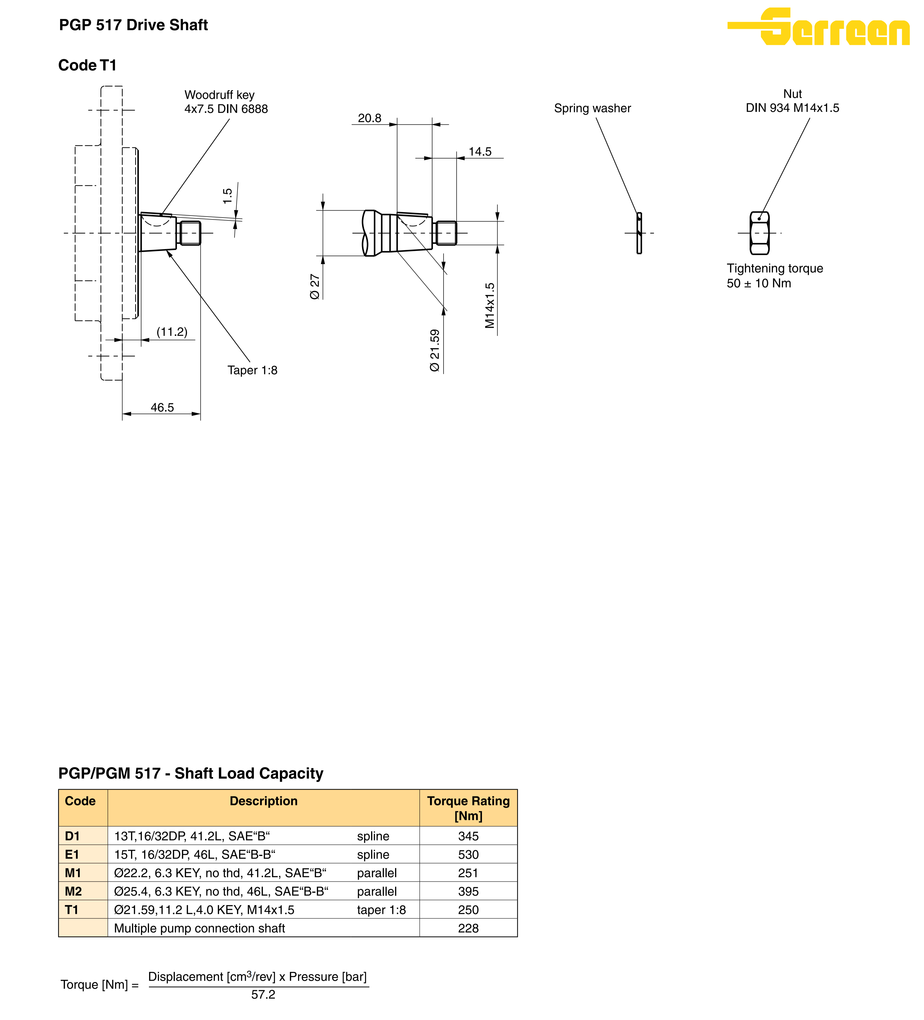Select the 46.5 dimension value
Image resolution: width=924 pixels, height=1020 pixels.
tap(162, 407)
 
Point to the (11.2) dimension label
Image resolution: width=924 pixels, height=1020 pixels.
tap(172, 332)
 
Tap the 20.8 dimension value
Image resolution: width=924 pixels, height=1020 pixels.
tap(369, 118)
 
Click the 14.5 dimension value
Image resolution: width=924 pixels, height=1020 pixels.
tap(480, 151)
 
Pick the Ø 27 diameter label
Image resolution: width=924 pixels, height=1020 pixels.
tap(315, 287)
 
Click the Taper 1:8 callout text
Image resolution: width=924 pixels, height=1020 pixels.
tap(252, 370)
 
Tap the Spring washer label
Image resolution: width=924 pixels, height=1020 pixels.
tap(592, 108)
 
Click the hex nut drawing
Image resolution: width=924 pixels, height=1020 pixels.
tap(759, 233)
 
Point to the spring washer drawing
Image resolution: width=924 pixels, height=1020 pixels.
tap(639, 233)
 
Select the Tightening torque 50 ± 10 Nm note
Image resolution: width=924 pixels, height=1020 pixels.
tap(774, 276)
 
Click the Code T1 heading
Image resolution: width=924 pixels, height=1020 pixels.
tap(87, 65)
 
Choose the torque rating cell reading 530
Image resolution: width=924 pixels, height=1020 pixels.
tap(468, 854)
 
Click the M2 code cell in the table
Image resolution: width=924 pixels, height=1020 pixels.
tap(73, 891)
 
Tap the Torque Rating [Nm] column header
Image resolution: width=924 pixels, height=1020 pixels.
tap(468, 808)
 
